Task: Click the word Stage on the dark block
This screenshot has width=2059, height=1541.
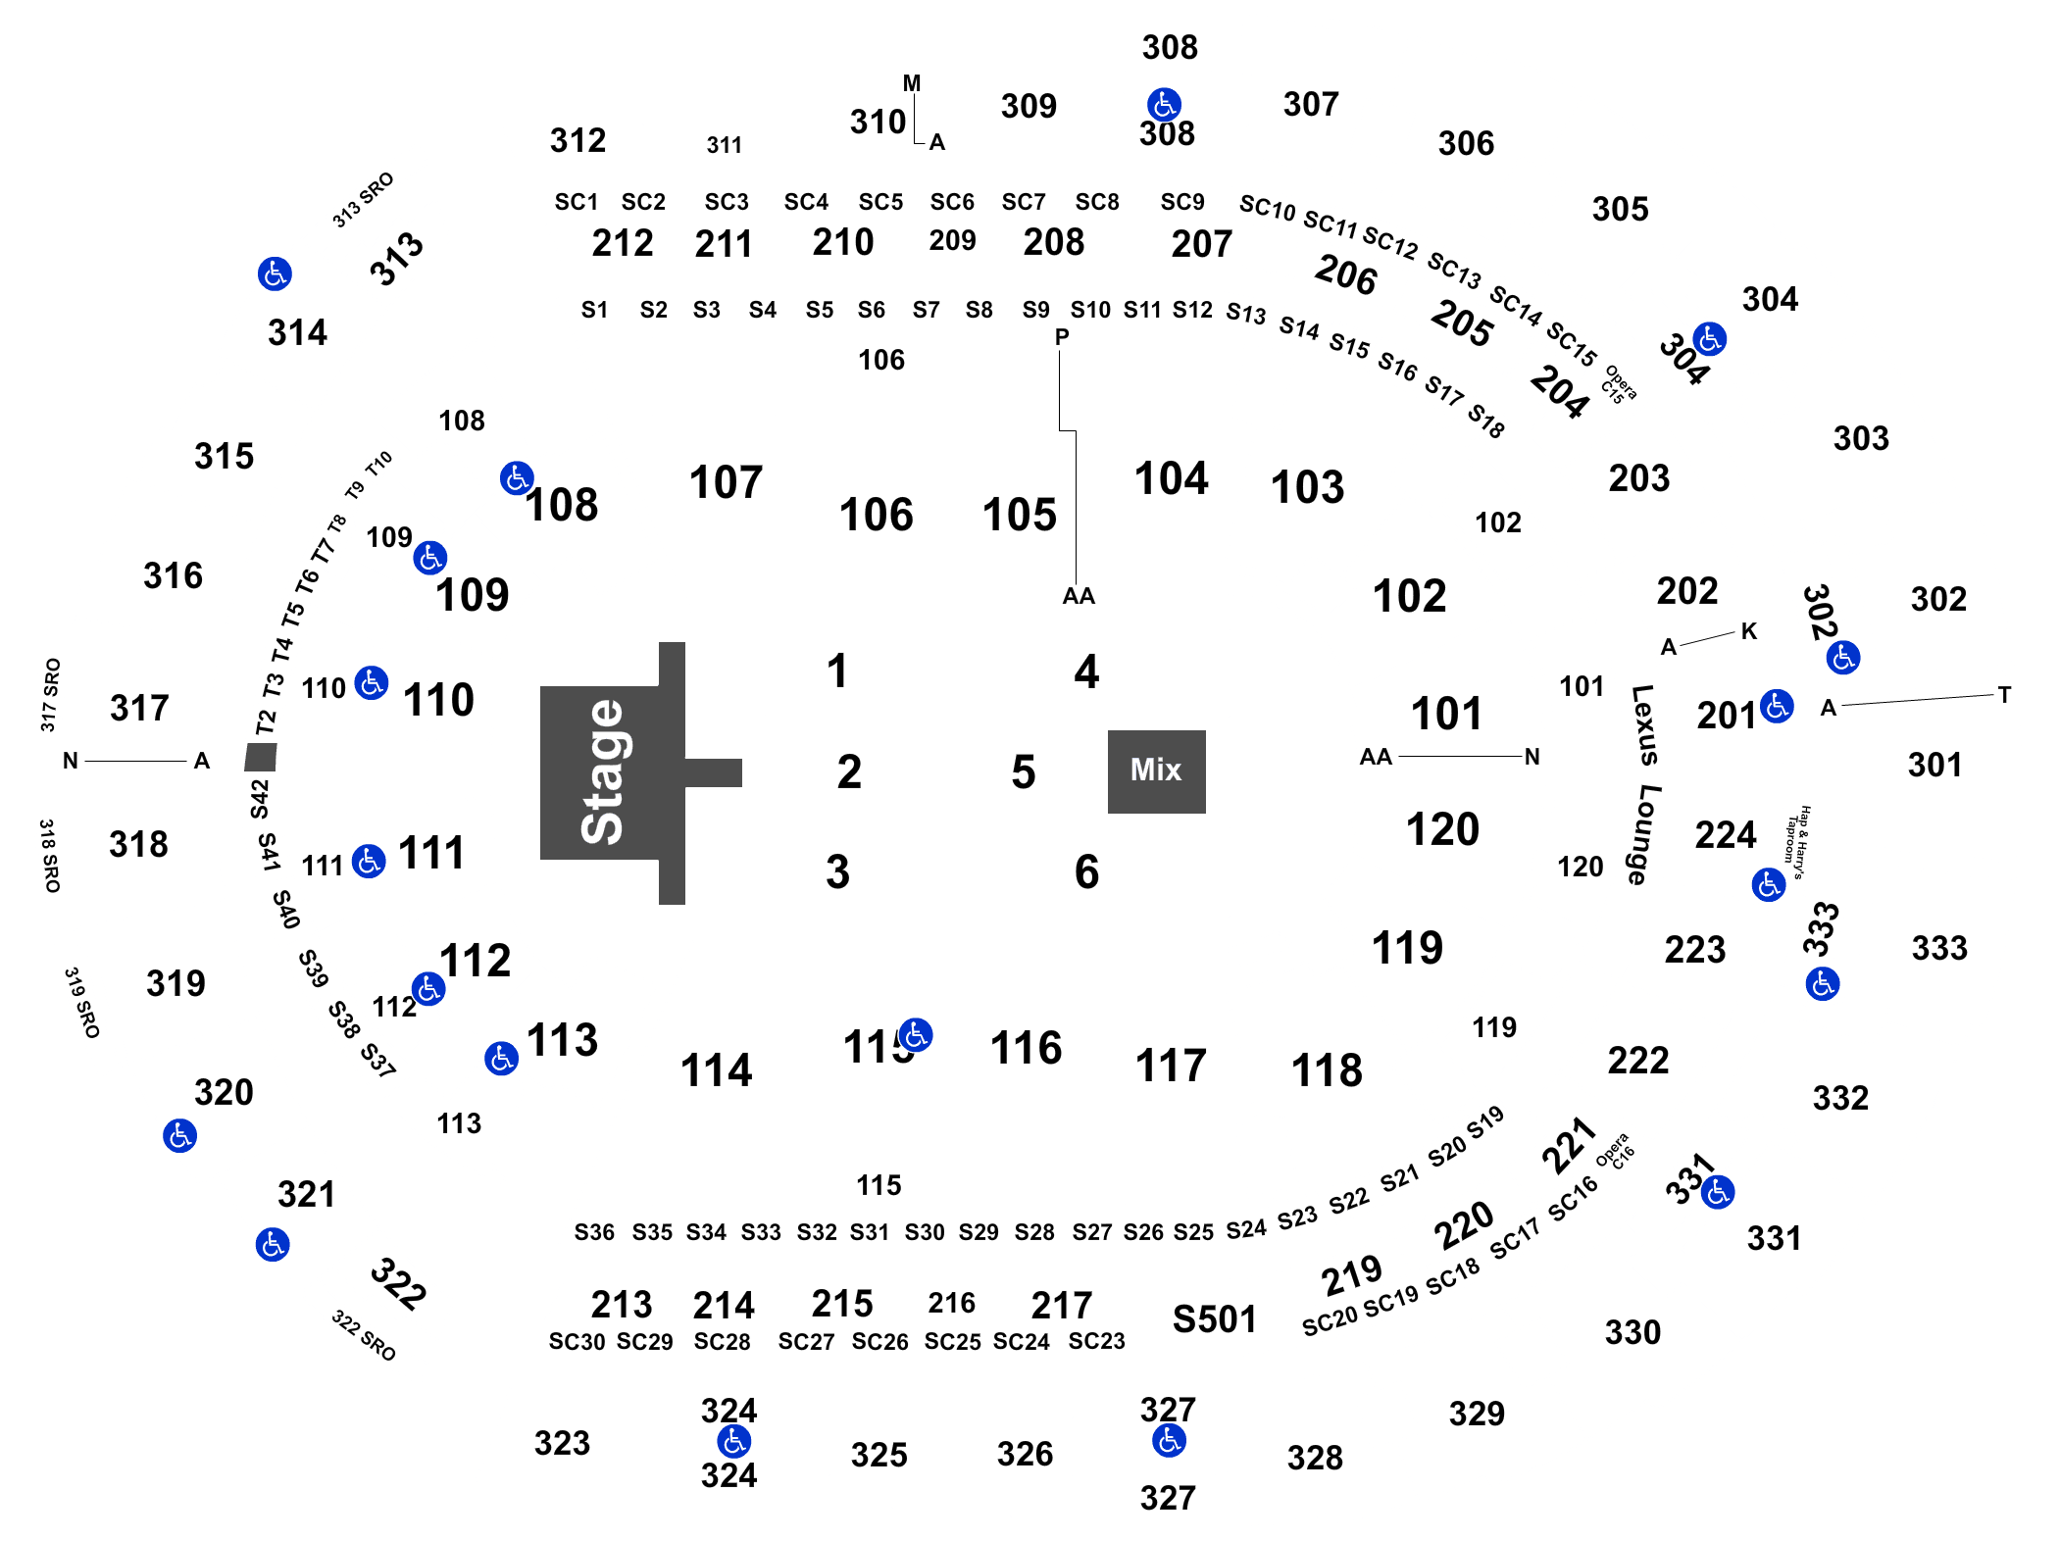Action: point(602,772)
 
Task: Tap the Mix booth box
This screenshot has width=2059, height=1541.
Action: point(1157,771)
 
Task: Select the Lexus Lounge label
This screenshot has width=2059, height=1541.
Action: point(1644,784)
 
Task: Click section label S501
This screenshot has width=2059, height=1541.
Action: point(1214,1319)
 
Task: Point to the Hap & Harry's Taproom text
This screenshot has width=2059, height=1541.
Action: point(1797,842)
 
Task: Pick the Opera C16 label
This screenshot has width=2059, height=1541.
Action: point(1615,1151)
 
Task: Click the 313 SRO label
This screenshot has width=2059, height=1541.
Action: point(363,200)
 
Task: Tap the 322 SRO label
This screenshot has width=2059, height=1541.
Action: point(364,1335)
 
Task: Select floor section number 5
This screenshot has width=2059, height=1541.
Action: point(1023,772)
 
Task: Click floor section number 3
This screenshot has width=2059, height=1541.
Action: point(837,871)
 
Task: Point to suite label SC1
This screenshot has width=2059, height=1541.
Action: point(577,202)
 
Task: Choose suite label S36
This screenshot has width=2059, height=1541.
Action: point(594,1232)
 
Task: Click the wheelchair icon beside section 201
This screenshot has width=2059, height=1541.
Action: point(1777,706)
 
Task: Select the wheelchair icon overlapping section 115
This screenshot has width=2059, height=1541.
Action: point(916,1034)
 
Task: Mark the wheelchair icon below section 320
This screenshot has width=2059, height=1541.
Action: point(180,1136)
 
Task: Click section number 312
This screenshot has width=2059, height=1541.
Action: point(578,141)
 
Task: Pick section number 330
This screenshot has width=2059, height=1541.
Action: point(1632,1333)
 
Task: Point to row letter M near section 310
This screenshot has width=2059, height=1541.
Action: point(912,83)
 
